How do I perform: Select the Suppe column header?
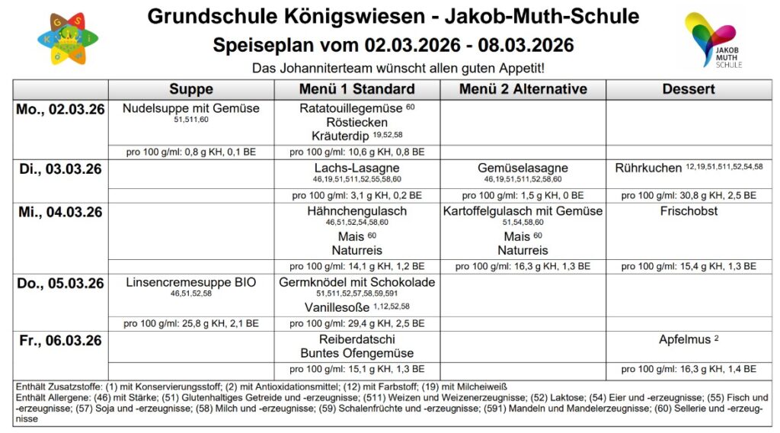pyautogui.click(x=191, y=88)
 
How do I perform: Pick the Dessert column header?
pyautogui.click(x=688, y=88)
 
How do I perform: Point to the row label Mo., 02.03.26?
pyautogui.click(x=60, y=109)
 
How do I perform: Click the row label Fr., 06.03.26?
pyautogui.click(x=60, y=340)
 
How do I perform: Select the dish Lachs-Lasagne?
pyautogui.click(x=356, y=168)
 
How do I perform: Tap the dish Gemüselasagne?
pyautogui.click(x=523, y=168)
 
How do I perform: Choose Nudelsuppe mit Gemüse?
pyautogui.click(x=191, y=108)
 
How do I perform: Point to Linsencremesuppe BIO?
pyautogui.click(x=191, y=283)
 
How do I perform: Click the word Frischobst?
pyautogui.click(x=689, y=211)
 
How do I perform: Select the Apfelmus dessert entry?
pyautogui.click(x=684, y=340)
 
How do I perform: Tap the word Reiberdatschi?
pyautogui.click(x=356, y=339)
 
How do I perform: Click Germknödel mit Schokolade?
pyautogui.click(x=356, y=283)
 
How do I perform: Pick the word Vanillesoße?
pyautogui.click(x=336, y=307)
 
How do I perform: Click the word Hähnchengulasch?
pyautogui.click(x=356, y=211)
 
